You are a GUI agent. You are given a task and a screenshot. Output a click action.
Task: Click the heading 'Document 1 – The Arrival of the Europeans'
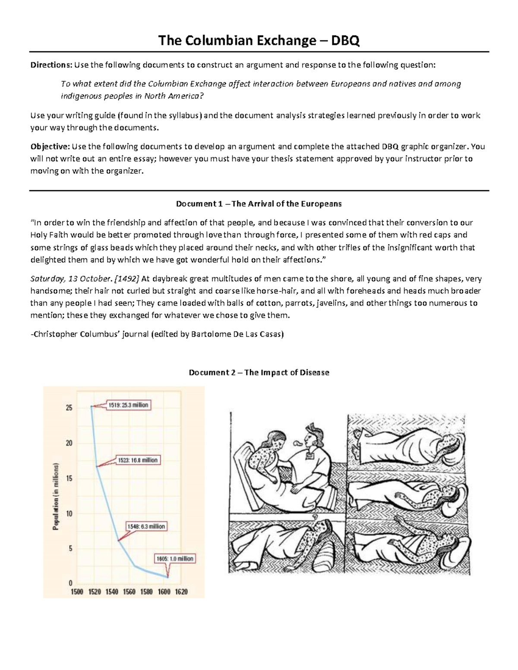pos(259,204)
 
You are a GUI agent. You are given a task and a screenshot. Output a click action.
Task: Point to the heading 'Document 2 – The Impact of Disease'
pos(259,372)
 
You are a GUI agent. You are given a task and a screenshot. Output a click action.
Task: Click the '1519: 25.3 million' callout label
pos(128,405)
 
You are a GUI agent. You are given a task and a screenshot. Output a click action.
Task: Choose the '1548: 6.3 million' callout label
pos(146,526)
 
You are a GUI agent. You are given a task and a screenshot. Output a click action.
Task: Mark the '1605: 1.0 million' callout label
pos(175,558)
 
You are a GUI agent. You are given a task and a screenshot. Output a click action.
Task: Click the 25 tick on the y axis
pos(69,408)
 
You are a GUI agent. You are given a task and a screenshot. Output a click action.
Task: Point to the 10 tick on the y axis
pos(69,514)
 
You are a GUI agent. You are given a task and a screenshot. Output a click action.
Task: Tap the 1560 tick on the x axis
pos(129,592)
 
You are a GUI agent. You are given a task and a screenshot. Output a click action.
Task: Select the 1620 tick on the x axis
pos(181,592)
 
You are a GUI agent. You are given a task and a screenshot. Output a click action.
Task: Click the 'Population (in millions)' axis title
pos(56,497)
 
